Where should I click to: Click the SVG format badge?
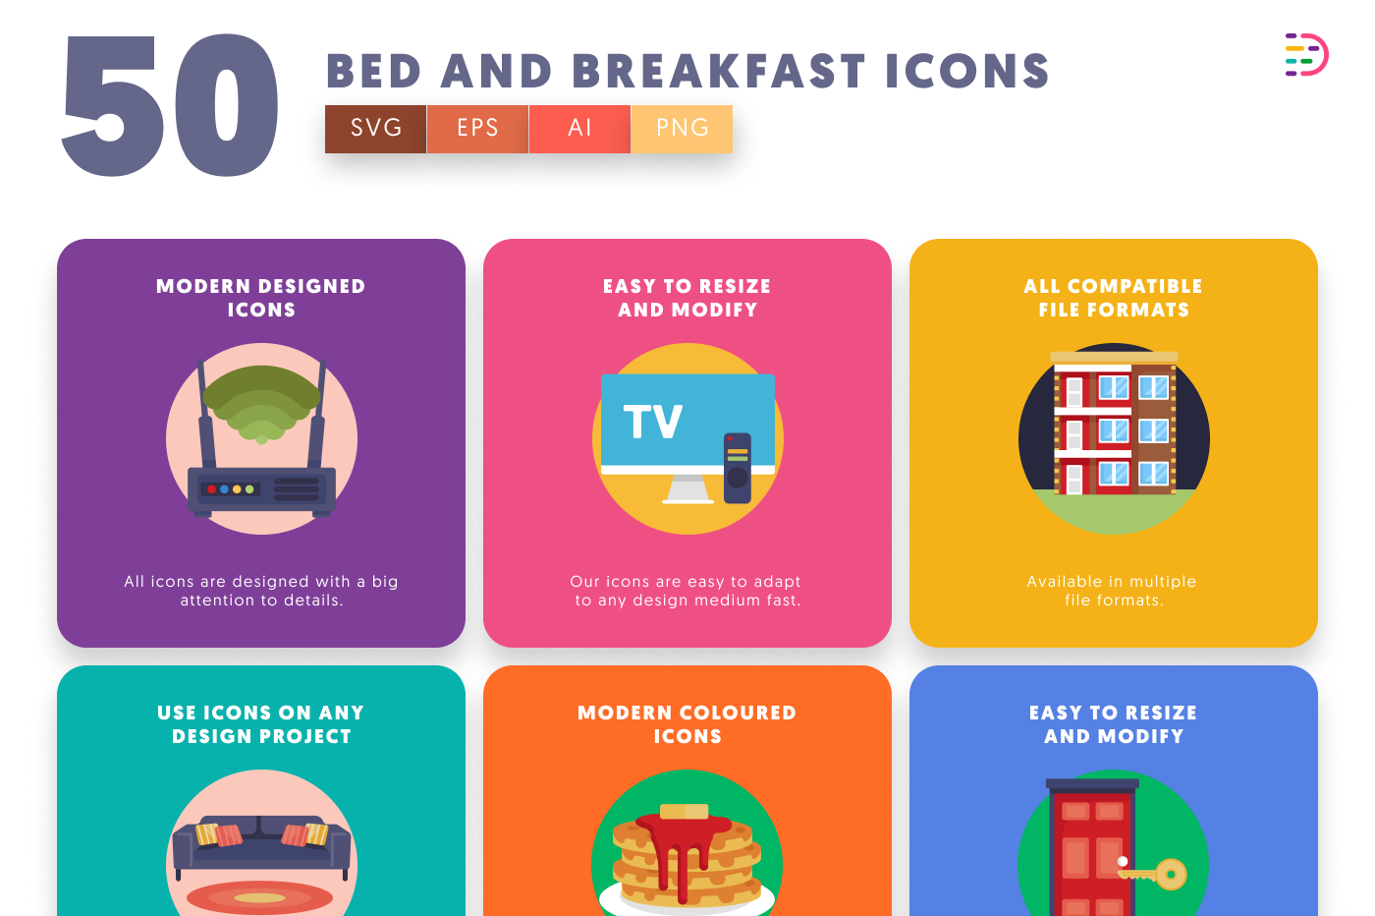point(375,129)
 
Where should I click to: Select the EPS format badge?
point(477,129)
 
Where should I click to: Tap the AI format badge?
point(579,129)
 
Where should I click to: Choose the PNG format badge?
point(682,129)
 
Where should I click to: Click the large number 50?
point(170,106)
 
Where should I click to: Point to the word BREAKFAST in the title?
point(719,72)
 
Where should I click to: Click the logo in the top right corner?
point(1306,55)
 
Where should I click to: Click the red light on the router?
point(212,489)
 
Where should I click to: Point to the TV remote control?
point(738,468)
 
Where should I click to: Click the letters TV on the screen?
point(652,422)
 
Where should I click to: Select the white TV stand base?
point(687,489)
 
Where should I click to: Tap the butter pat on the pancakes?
point(685,811)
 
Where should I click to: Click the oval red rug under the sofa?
point(259,897)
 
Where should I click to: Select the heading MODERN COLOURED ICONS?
point(687,724)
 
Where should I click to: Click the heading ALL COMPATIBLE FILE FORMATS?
point(1114,298)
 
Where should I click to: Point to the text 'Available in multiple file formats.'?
point(1112,591)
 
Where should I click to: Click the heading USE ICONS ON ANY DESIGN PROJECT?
point(261,724)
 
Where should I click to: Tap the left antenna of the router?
point(205,414)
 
